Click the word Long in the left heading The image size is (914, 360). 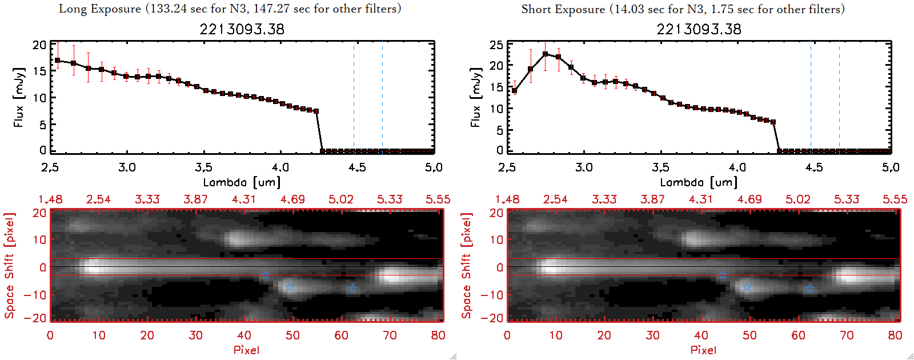(x=71, y=9)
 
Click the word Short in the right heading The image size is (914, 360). (x=535, y=9)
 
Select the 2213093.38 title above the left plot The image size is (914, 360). (x=242, y=29)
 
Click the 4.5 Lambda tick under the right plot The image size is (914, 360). (x=814, y=167)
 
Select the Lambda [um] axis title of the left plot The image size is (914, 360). (x=242, y=182)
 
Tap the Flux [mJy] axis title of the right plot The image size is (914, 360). (x=475, y=97)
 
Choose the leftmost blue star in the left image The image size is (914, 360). (x=266, y=275)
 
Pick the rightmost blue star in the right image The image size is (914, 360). (x=809, y=289)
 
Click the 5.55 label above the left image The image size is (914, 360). (x=438, y=199)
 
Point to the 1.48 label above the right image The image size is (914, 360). (x=507, y=199)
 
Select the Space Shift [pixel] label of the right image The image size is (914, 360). (x=466, y=266)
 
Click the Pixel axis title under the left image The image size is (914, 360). (x=246, y=350)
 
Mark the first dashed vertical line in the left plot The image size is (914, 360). (x=354, y=97)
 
